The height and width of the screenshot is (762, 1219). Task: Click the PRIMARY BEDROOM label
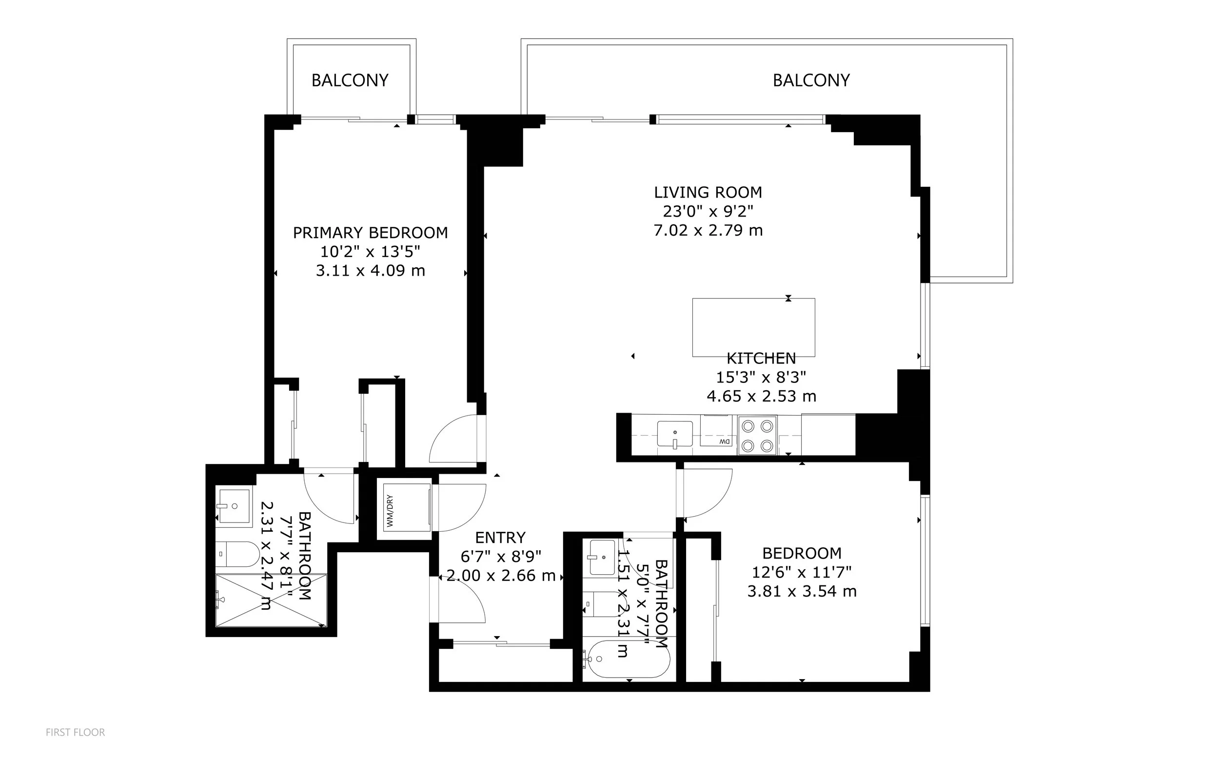(x=370, y=233)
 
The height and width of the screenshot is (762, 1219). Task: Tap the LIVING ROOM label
(x=708, y=193)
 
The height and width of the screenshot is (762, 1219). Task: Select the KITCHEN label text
(x=761, y=359)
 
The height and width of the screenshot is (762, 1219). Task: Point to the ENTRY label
(x=500, y=538)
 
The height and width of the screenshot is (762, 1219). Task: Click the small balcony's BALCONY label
(x=350, y=80)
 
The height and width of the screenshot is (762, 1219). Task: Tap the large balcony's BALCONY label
(x=811, y=80)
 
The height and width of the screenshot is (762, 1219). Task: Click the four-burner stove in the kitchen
(x=758, y=436)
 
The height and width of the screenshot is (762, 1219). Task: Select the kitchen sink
(x=674, y=434)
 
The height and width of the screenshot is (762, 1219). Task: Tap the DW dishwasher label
(x=725, y=441)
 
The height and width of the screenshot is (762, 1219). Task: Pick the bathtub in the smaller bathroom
(x=626, y=659)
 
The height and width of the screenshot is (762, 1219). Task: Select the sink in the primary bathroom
(x=233, y=506)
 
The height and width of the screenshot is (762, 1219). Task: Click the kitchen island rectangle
(x=753, y=327)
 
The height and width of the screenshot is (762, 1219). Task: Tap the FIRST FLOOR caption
(x=76, y=732)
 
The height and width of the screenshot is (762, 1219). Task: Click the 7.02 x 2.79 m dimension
(x=708, y=230)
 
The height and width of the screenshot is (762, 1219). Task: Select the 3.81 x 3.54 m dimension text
(x=802, y=591)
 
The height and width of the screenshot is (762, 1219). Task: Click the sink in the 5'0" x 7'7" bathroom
(x=601, y=557)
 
